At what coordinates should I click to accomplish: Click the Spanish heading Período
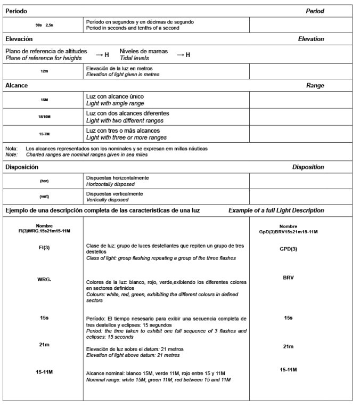16,11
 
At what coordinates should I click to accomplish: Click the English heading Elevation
310,39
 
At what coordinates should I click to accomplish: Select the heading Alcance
17,85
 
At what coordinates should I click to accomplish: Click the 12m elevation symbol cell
44,71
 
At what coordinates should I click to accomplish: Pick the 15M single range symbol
44,100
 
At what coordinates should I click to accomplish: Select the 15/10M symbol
44,116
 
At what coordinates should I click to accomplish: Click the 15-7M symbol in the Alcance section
44,134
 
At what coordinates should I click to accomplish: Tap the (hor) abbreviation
44,181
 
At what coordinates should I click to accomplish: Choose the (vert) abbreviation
44,196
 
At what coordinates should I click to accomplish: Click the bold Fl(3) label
44,248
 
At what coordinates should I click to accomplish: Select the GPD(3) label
288,249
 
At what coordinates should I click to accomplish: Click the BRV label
288,278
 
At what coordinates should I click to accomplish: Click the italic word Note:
11,154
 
